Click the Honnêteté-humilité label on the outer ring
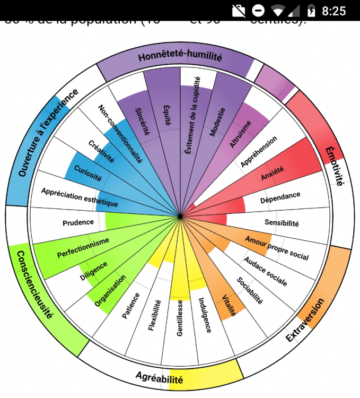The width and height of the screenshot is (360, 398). click(180, 57)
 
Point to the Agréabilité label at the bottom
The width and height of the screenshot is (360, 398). click(159, 379)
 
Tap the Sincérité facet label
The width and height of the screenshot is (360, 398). click(143, 122)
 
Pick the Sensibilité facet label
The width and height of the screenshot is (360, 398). click(282, 223)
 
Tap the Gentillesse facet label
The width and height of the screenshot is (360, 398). click(180, 317)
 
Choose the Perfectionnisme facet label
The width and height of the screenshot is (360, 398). click(83, 247)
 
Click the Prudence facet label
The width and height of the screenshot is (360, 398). click(78, 222)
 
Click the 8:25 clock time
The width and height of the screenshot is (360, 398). click(334, 11)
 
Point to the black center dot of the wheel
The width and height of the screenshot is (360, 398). click(180, 216)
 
